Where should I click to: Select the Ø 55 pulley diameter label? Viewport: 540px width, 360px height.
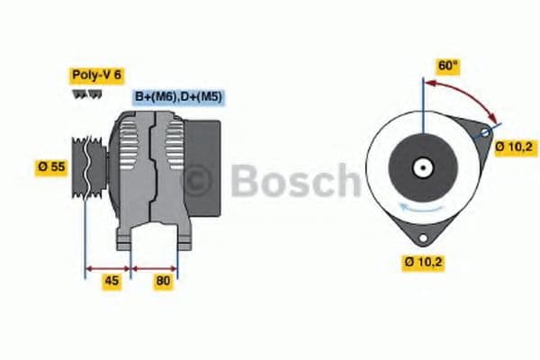tap(51, 167)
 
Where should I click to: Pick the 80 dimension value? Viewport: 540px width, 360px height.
tap(162, 280)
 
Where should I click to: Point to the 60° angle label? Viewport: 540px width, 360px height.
tap(447, 66)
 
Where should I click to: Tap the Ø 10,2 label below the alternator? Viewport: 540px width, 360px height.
tap(423, 262)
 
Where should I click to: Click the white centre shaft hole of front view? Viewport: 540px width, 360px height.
tap(421, 166)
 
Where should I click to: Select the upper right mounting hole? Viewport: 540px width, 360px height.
tap(485, 133)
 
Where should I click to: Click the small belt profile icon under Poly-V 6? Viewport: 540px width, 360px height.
tap(83, 94)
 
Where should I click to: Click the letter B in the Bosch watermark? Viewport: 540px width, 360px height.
tap(245, 180)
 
